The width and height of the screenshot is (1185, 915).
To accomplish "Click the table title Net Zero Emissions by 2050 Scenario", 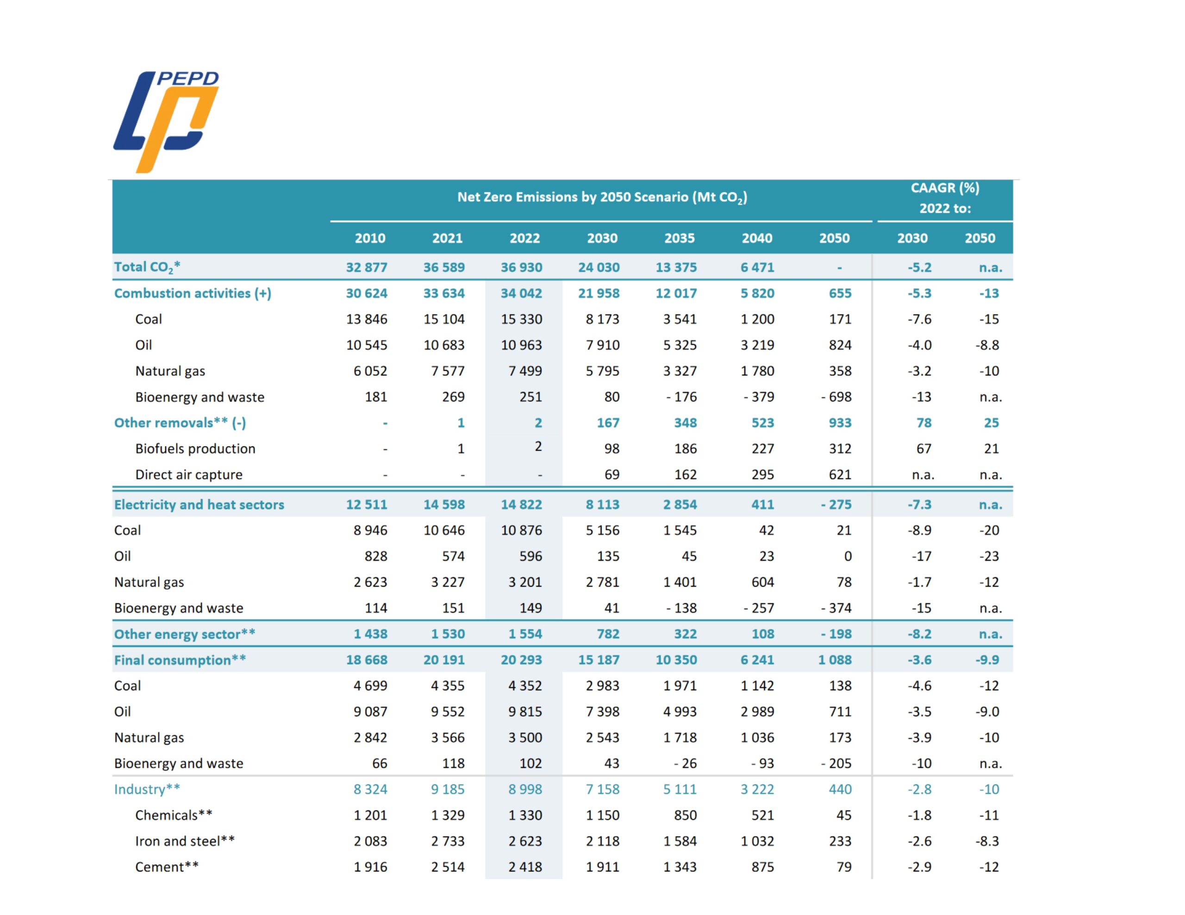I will (x=602, y=197).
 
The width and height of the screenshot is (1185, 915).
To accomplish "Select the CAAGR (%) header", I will (x=945, y=188).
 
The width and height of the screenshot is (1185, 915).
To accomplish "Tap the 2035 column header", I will (x=680, y=238).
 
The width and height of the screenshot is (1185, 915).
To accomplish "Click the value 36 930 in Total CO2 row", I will (x=521, y=267).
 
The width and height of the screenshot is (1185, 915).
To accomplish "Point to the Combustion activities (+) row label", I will (x=193, y=293).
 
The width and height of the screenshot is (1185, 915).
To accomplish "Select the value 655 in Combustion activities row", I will (x=840, y=293).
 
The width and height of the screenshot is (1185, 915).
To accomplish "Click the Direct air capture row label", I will (x=189, y=475).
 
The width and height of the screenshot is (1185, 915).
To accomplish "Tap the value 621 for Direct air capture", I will (x=840, y=475).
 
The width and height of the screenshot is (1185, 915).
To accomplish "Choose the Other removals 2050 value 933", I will (x=840, y=422).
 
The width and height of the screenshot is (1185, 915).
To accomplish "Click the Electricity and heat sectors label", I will (x=199, y=504).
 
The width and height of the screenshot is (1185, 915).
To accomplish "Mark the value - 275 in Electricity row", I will (x=836, y=504).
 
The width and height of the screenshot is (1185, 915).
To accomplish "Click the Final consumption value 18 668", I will (x=367, y=660).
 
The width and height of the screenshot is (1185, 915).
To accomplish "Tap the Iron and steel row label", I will (x=185, y=841).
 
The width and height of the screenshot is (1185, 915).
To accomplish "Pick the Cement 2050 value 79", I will (x=844, y=867).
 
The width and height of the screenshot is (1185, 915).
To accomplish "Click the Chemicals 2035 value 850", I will (x=685, y=815).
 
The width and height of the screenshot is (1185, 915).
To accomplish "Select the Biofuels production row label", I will (x=195, y=449).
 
